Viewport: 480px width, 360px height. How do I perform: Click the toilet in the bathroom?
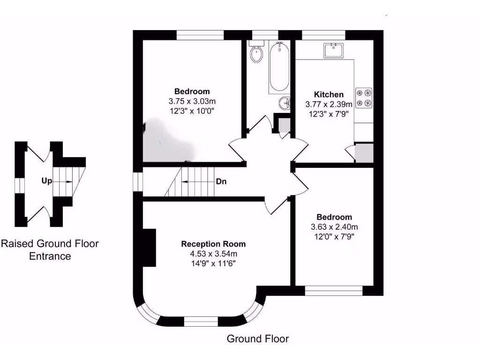coord(256,53)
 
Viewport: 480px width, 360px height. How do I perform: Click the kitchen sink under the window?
coord(333,50)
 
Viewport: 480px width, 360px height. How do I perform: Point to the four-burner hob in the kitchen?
coord(364,97)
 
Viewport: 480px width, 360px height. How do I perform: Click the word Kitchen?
coord(328,95)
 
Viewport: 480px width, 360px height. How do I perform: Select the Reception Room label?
coord(213,244)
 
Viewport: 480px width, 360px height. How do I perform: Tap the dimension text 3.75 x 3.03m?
coord(192,101)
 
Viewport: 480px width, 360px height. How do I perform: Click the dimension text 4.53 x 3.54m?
coord(213,254)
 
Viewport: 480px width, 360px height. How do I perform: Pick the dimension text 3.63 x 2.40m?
coord(334,227)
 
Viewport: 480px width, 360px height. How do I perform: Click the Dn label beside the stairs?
coord(221,181)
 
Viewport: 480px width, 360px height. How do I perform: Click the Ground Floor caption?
coord(258,338)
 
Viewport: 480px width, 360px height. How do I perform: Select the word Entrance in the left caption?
coord(50,256)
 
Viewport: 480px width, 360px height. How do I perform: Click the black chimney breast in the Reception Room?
coord(149,247)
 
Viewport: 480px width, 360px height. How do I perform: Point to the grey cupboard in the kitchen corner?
coord(364,153)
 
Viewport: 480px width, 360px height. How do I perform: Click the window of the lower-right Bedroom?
coord(334,291)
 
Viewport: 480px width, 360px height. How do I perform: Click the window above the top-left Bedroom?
coord(200,35)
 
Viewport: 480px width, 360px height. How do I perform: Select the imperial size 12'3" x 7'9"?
coord(328,114)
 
